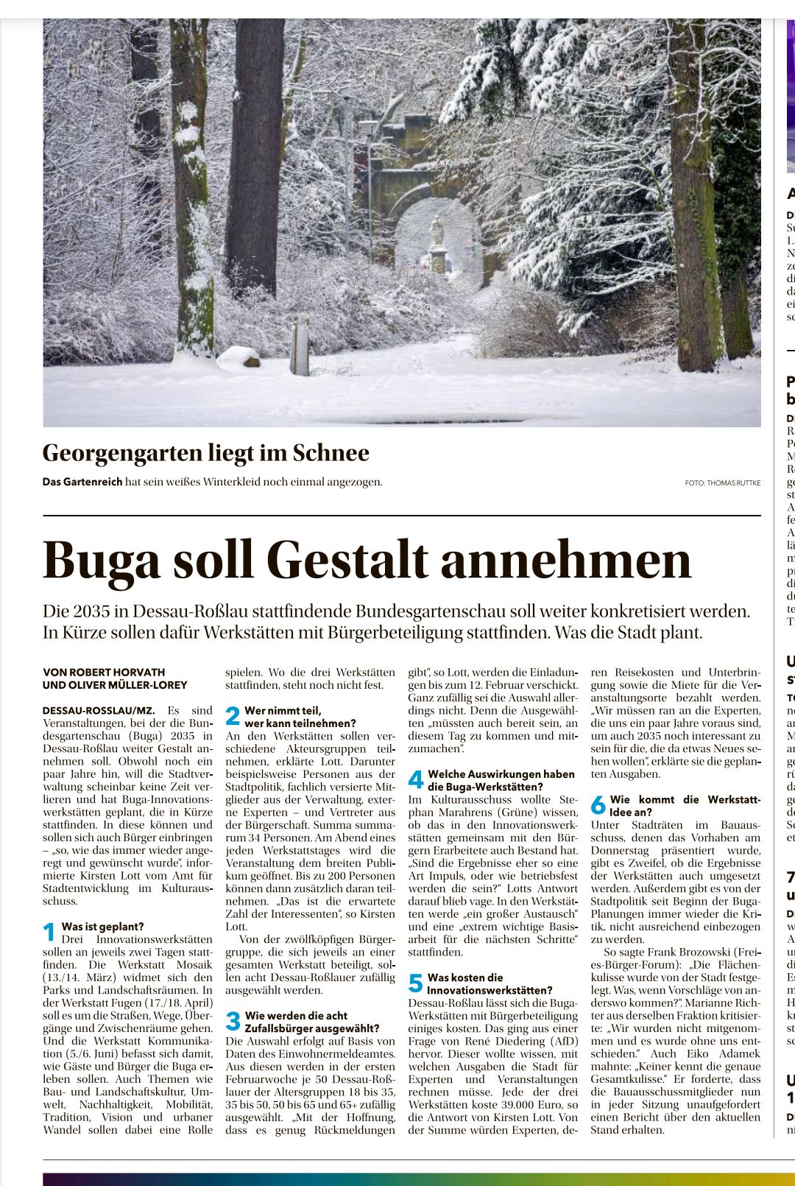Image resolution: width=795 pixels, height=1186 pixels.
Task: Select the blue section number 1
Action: pyautogui.click(x=49, y=933)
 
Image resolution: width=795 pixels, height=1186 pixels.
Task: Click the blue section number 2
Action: pyautogui.click(x=233, y=717)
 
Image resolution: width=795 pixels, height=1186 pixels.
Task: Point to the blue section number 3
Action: pyautogui.click(x=233, y=1022)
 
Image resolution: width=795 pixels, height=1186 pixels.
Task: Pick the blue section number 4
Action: pyautogui.click(x=416, y=780)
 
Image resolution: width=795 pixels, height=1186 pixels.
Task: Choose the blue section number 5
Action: pyautogui.click(x=416, y=983)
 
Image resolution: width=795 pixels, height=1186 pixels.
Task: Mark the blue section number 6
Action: pyautogui.click(x=598, y=805)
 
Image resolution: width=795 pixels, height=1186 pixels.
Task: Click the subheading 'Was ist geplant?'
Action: pyautogui.click(x=102, y=927)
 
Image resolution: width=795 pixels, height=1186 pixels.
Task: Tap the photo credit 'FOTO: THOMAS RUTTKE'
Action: pyautogui.click(x=722, y=483)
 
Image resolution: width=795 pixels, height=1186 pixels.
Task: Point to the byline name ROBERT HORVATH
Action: pyautogui.click(x=117, y=673)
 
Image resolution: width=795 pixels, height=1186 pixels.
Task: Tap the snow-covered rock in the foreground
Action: pyautogui.click(x=240, y=358)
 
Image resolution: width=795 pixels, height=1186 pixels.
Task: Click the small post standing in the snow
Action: pyautogui.click(x=300, y=346)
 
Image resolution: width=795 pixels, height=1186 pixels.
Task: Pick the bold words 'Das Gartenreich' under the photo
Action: pyautogui.click(x=82, y=483)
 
